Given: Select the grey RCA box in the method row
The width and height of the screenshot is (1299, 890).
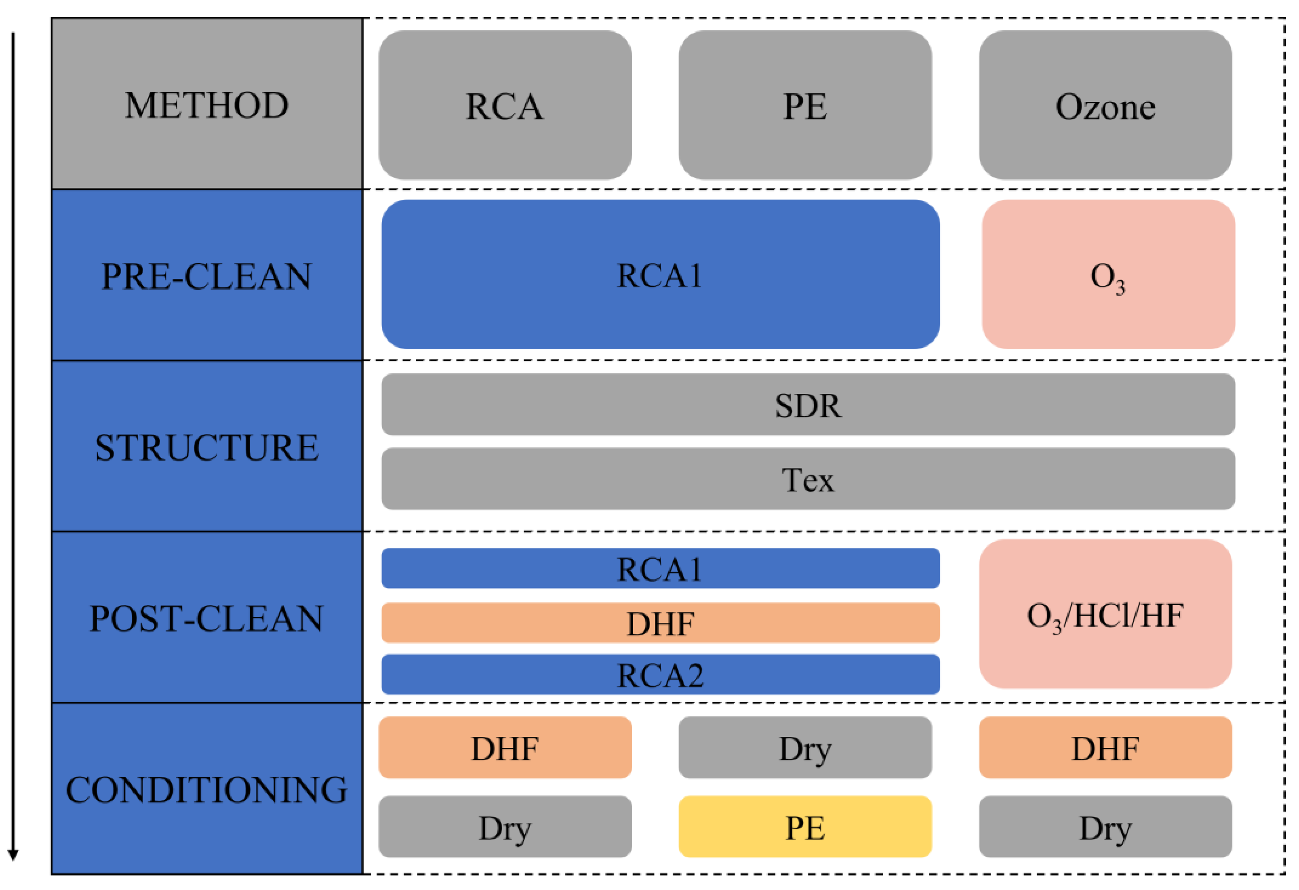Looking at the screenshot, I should pyautogui.click(x=504, y=105).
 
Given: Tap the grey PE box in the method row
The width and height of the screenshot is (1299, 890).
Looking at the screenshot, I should pyautogui.click(x=804, y=105).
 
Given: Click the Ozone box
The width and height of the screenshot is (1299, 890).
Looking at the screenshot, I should pyautogui.click(x=1105, y=105).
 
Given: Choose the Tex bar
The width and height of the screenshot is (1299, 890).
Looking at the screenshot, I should pyautogui.click(x=807, y=479).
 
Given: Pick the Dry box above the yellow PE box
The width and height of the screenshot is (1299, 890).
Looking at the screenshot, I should pyautogui.click(x=804, y=747).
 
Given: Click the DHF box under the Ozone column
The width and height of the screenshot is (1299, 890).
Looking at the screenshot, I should pyautogui.click(x=1105, y=747).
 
